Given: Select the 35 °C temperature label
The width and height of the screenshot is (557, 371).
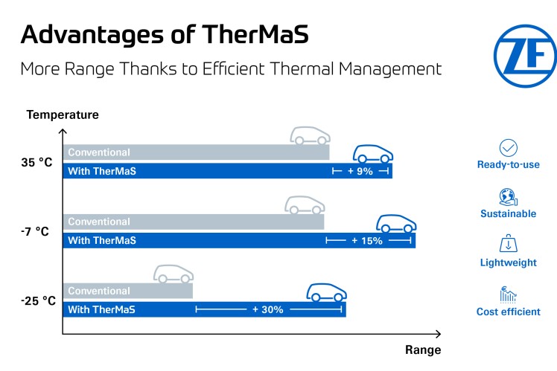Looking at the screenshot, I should click(x=37, y=162).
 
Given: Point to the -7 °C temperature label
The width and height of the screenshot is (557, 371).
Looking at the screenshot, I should click(x=36, y=231).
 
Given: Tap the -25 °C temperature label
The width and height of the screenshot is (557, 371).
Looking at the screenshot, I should click(x=39, y=300).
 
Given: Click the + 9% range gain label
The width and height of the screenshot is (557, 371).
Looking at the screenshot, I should click(x=360, y=172).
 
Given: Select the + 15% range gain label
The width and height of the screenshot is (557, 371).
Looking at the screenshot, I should click(x=367, y=241).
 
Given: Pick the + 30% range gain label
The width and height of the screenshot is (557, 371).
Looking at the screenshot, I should click(x=268, y=309).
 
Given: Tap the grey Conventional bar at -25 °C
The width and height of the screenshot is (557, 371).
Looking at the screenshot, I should click(x=127, y=291).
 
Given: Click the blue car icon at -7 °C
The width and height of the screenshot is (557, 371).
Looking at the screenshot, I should click(x=395, y=223).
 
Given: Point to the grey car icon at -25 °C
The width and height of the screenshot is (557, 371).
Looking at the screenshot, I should click(x=174, y=274).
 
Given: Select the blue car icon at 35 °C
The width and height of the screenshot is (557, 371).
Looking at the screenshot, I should click(x=372, y=154).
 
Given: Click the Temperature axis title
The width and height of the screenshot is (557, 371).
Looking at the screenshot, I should click(x=63, y=114).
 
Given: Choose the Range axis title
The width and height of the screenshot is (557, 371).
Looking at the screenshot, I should click(x=423, y=349).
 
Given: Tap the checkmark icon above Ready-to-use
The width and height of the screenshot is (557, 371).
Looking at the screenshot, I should click(x=509, y=147).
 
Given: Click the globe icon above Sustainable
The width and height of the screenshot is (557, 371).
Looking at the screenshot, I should click(x=509, y=197).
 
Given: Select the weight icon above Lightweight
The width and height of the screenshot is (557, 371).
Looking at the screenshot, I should click(x=509, y=245).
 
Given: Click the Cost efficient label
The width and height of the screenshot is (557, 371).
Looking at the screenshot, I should click(x=509, y=312).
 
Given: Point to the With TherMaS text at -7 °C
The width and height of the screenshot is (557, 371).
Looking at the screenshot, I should click(x=102, y=241).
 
